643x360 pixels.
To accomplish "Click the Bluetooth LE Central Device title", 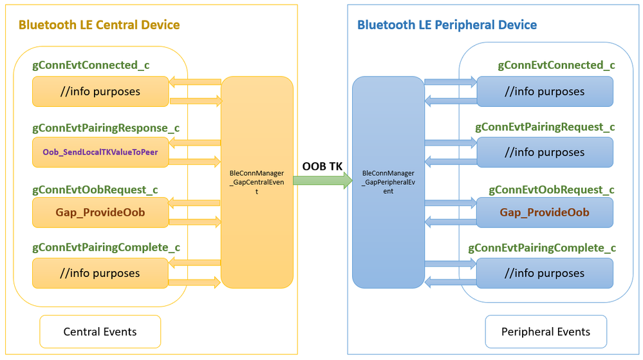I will point(99,25).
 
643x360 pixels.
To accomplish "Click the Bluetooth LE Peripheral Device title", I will point(447,25).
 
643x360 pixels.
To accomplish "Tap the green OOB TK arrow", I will point(322,181).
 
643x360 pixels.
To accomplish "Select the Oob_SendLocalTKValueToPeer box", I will point(100,153).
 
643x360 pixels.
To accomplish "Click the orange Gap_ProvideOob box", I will point(100,213).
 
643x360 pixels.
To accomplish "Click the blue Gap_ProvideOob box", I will point(545,213).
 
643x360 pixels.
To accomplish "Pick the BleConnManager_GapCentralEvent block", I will point(257,182).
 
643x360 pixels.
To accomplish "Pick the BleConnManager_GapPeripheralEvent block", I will point(388,182).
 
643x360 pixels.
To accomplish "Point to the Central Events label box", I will point(100,332).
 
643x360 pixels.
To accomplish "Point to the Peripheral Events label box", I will point(545,332).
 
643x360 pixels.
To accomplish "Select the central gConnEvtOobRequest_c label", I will point(95,190).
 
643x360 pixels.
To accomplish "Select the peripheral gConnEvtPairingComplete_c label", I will point(542,248).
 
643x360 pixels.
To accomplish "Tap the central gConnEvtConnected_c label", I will point(91,65).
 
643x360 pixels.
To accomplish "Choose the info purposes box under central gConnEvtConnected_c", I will point(100,91).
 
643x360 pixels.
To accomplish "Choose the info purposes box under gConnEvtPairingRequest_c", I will point(545,153).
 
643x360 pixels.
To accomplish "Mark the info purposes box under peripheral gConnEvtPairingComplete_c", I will point(545,273).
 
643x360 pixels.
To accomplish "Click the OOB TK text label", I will point(322,167).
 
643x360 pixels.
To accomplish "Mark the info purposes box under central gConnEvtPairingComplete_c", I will point(100,273).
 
